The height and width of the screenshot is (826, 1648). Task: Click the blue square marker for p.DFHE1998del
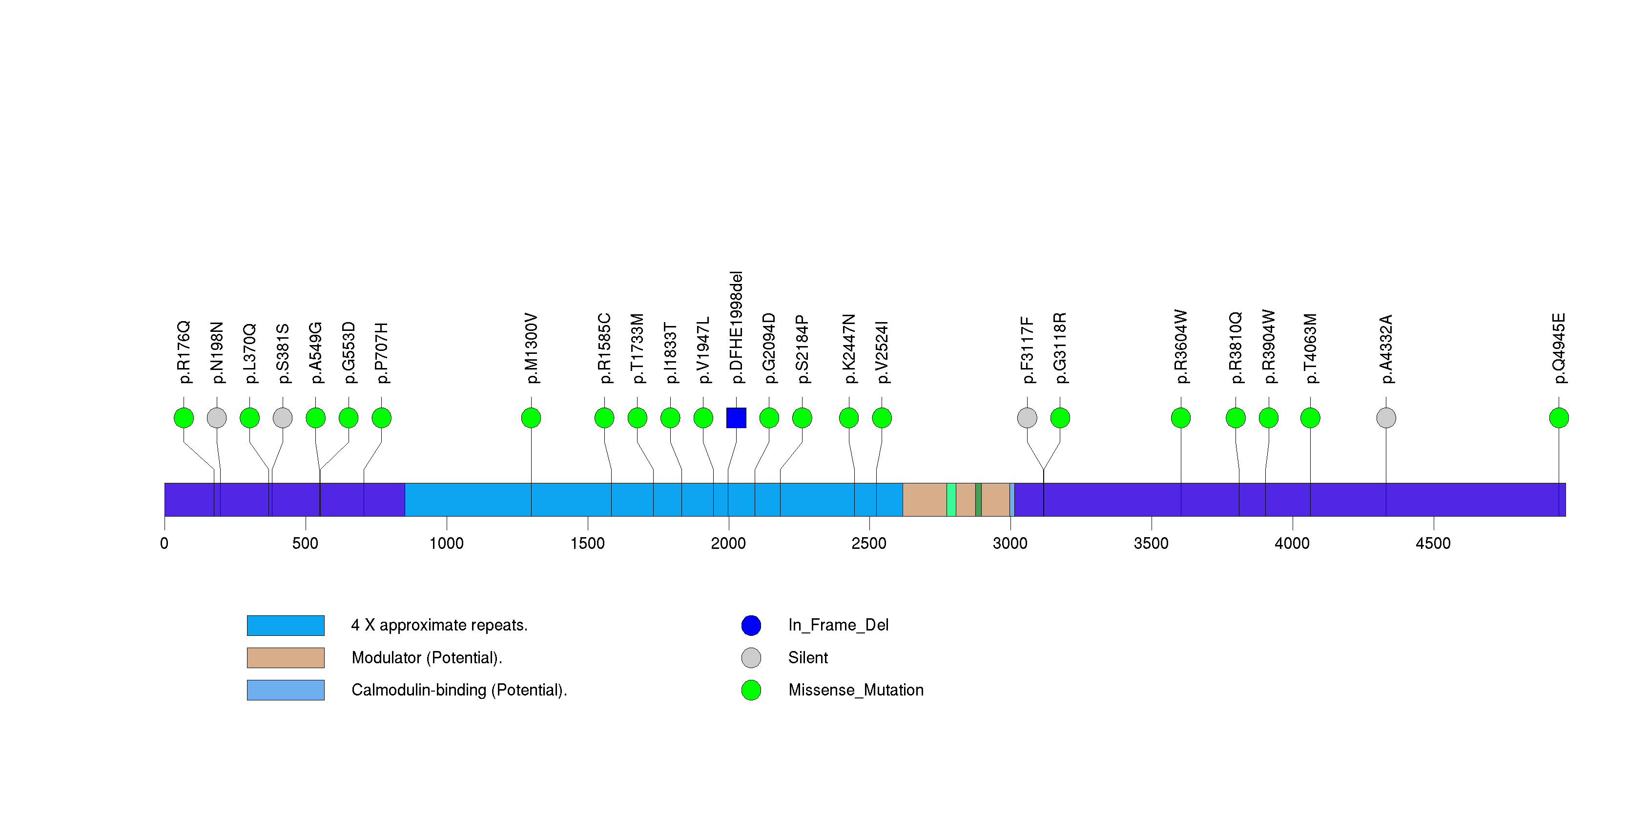click(736, 418)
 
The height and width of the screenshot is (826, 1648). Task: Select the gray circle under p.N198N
click(217, 418)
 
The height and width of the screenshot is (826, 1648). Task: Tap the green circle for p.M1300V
click(531, 418)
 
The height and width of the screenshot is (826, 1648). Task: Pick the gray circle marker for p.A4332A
click(1386, 418)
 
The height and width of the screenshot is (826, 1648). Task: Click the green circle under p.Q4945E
click(1559, 418)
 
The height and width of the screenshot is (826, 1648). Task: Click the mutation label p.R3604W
click(1180, 347)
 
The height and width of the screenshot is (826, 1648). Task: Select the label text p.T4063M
click(1310, 348)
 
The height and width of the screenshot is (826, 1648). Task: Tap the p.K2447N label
click(849, 348)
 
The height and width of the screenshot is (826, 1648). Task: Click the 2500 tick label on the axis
click(869, 543)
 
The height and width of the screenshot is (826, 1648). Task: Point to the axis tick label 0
click(165, 543)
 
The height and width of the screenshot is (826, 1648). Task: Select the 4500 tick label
click(1433, 543)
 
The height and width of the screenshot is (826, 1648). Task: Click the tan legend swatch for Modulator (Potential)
click(286, 657)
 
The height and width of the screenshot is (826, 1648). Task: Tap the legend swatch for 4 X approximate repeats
click(286, 625)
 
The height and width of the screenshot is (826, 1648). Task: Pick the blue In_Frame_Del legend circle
click(751, 625)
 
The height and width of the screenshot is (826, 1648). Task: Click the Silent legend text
click(807, 657)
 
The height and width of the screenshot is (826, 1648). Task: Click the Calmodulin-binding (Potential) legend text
click(459, 690)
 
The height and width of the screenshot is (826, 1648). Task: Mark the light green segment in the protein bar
click(951, 500)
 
